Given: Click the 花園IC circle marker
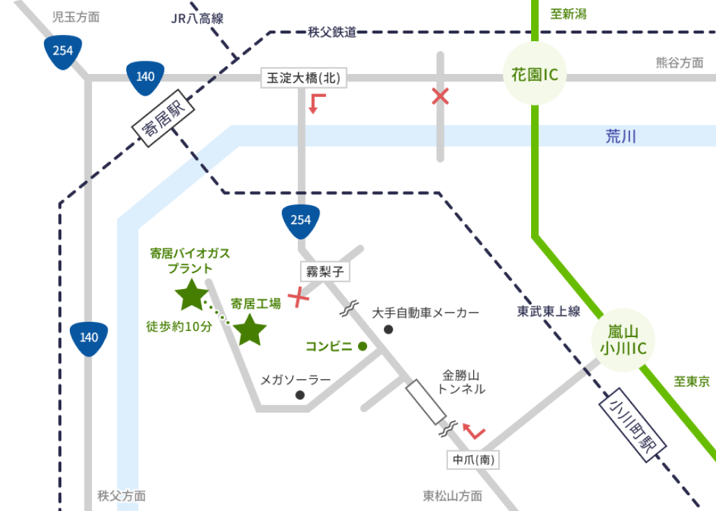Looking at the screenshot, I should [535, 74].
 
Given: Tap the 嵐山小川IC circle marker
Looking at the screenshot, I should [624, 340].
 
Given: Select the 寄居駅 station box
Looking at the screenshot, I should [161, 119].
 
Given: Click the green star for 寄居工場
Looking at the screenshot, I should [250, 329].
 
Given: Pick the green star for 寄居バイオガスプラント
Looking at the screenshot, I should [191, 295].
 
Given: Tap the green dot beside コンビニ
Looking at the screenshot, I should [362, 346].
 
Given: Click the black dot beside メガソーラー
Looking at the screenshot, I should [300, 395].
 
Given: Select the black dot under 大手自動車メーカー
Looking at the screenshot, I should [389, 329].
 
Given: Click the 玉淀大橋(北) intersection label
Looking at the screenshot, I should [304, 78].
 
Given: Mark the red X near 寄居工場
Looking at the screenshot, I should [299, 297].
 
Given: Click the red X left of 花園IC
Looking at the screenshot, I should [440, 96].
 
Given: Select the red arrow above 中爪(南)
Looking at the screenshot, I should [474, 431].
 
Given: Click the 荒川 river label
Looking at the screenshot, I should [620, 136].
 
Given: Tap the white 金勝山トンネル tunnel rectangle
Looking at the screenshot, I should [426, 401].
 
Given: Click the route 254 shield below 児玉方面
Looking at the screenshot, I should [63, 52].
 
